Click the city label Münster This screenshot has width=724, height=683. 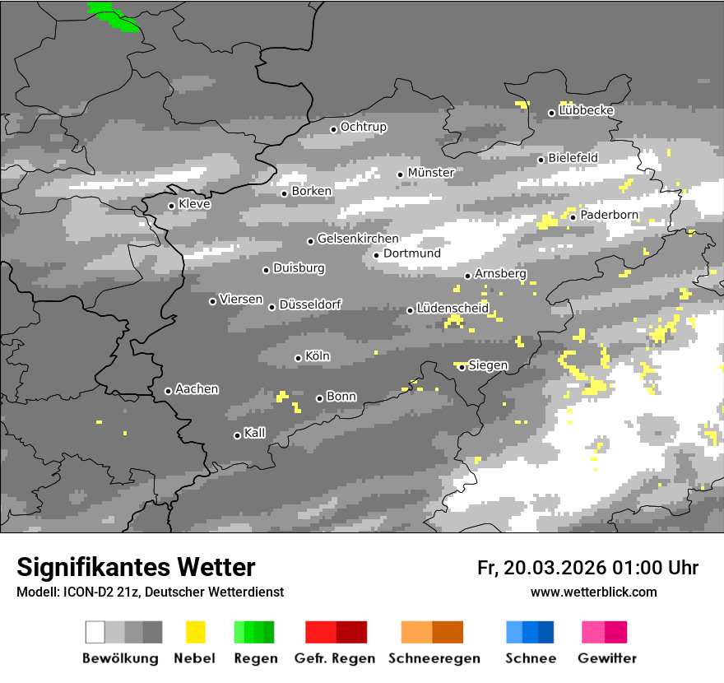point(431,173)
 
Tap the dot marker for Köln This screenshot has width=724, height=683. point(298,358)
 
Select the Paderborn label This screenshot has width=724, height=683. point(610,215)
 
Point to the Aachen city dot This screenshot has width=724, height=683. point(168,391)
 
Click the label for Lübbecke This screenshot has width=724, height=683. point(587,110)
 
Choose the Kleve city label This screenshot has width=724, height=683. point(194,204)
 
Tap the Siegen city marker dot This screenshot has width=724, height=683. point(462,367)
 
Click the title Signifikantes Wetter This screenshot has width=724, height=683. point(136,567)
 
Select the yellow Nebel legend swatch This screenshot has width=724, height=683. point(195,632)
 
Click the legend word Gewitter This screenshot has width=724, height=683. point(607,658)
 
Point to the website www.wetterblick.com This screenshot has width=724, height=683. point(593,592)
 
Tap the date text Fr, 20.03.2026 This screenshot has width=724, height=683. point(541,568)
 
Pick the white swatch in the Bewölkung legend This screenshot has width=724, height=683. point(95,632)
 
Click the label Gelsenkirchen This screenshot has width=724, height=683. point(358,239)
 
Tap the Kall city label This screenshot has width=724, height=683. point(255,433)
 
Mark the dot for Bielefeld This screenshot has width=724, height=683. point(541,160)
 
